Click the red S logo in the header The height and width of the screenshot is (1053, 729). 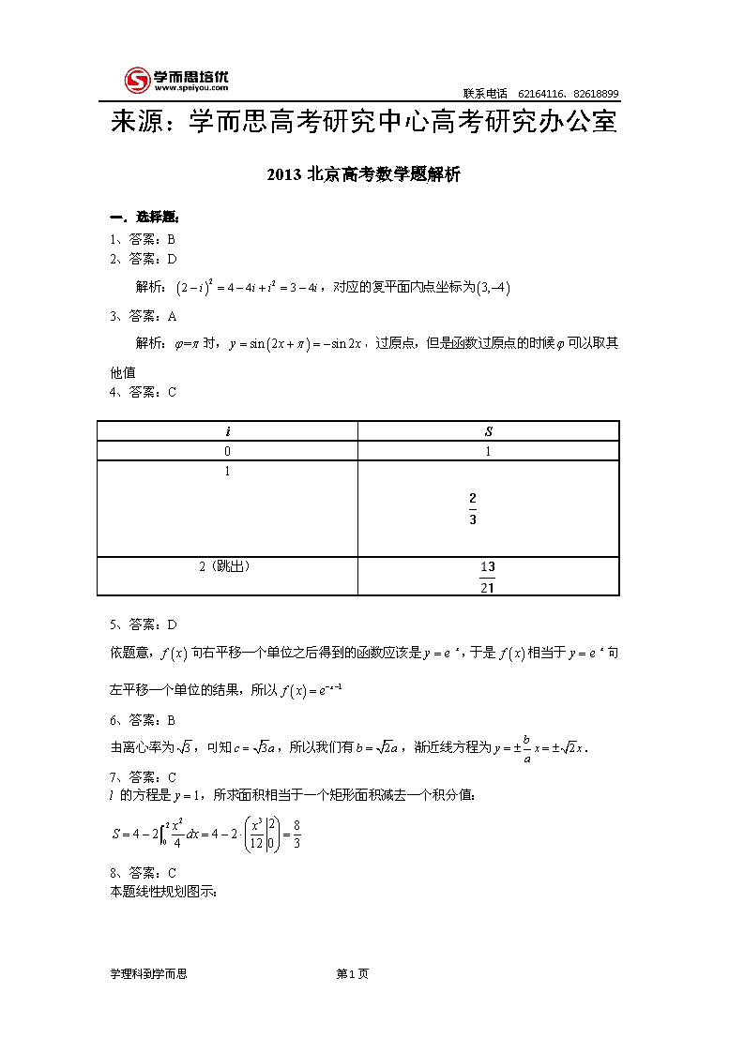(138, 80)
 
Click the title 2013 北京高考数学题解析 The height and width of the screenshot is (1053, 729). (363, 174)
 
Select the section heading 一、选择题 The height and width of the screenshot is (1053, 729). (138, 218)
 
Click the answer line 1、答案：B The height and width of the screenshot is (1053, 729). (143, 239)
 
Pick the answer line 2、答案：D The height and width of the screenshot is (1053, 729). (143, 259)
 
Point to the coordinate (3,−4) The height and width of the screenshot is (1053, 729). (493, 287)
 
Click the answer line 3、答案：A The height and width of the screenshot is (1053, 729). (143, 316)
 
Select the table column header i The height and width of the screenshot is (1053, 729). (227, 431)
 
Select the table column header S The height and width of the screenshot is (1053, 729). (488, 431)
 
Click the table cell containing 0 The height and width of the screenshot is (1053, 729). (227, 451)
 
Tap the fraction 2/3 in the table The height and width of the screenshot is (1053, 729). (473, 507)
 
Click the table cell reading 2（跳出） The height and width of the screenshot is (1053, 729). (227, 566)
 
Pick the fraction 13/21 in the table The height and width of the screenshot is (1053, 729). (487, 577)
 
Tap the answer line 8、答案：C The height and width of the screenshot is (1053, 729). (143, 873)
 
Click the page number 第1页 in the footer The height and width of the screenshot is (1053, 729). (352, 974)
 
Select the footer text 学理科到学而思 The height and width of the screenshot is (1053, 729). (148, 974)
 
